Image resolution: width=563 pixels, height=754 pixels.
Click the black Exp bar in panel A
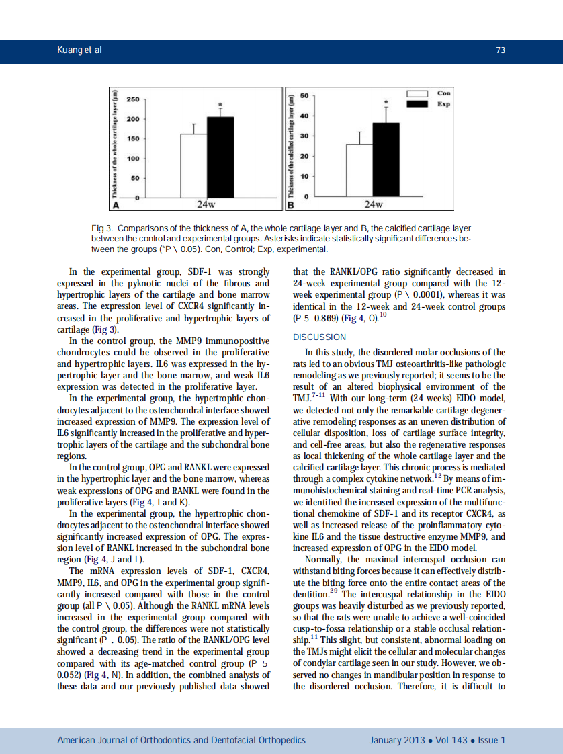click(x=220, y=157)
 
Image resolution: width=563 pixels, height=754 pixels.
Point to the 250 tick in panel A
click(x=133, y=99)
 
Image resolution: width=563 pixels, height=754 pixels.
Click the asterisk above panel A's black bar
click(x=220, y=106)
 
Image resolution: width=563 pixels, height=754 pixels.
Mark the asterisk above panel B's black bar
click(x=386, y=102)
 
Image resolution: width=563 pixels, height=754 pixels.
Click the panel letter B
click(x=292, y=204)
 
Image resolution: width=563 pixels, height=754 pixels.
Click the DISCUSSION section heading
click(x=320, y=337)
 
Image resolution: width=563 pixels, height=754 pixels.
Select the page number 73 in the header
click(x=500, y=51)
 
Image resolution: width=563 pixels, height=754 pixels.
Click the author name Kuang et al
click(x=79, y=51)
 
